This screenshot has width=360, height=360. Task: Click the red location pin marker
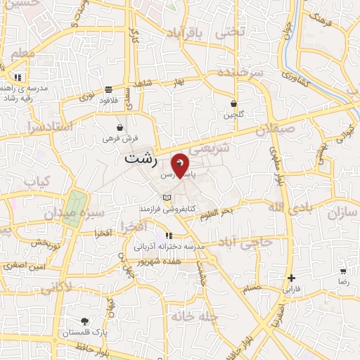(x=181, y=165)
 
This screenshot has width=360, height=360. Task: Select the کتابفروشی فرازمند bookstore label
(x=166, y=209)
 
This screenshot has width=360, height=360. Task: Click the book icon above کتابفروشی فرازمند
(x=166, y=198)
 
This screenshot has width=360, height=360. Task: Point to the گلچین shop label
(x=233, y=114)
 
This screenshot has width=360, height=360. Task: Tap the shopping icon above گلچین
(x=233, y=103)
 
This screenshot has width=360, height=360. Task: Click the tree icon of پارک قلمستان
(x=84, y=320)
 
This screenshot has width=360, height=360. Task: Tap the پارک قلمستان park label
(x=84, y=331)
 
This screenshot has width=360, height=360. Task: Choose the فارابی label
(x=291, y=289)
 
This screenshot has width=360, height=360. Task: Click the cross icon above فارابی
(x=291, y=278)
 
